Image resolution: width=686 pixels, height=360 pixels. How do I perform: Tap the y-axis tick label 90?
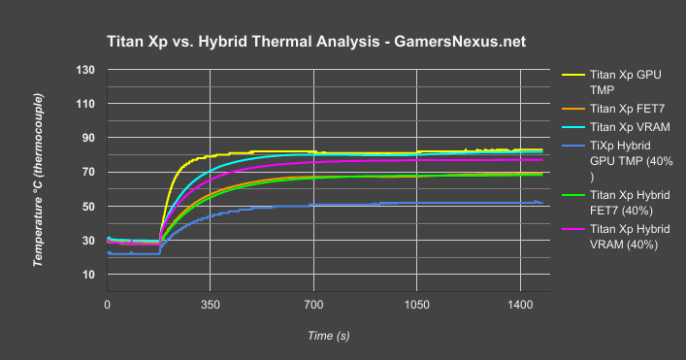coord(89,138)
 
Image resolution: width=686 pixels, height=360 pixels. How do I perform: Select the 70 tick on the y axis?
coord(89,172)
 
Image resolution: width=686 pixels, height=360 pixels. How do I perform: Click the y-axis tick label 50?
coord(89,207)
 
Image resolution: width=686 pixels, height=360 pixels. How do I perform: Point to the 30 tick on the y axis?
coord(89,241)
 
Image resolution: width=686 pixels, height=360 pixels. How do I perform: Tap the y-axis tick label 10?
coord(89,275)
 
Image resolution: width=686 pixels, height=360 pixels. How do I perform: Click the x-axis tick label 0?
coord(108,304)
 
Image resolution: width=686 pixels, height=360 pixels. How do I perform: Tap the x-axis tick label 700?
coord(313,304)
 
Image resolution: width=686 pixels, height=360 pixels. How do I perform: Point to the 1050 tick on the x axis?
coord(416,304)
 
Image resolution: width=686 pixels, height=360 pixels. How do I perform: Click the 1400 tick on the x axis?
coord(519,304)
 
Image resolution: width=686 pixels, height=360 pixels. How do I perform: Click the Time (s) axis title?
coord(328,335)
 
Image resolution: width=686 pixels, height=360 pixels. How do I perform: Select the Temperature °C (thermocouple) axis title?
coord(41,180)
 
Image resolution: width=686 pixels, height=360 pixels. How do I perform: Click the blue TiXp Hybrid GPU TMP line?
coord(388,204)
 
